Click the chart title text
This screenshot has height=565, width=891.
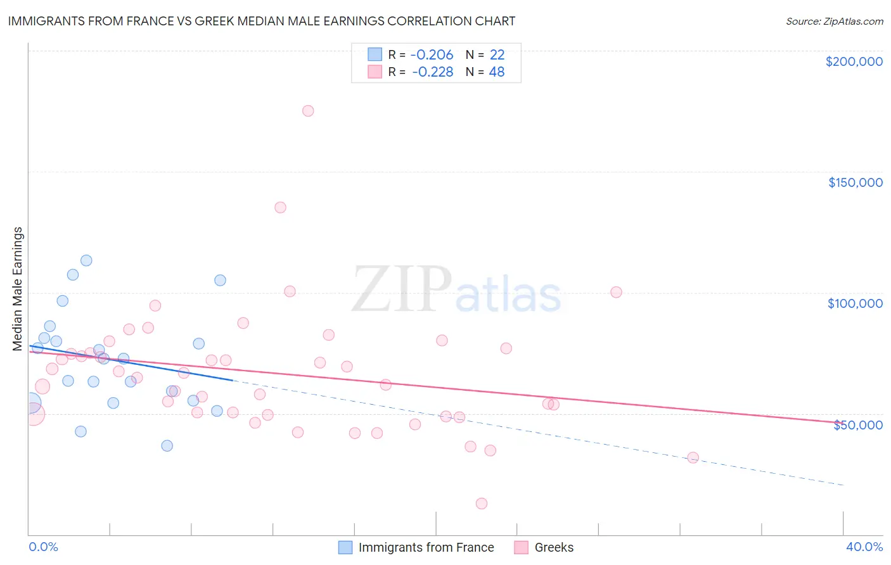tap(262, 21)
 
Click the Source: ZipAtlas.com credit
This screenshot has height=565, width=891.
tap(834, 22)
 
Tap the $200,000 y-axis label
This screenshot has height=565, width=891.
tap(854, 61)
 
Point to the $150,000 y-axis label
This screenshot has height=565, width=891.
tap(855, 182)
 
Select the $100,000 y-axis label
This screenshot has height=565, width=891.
tap(855, 303)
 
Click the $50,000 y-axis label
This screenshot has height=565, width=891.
tap(857, 425)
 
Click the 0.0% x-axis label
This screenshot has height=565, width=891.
tap(44, 547)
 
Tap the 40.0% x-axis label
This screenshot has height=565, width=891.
tap(864, 547)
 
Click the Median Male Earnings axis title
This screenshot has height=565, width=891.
tap(18, 288)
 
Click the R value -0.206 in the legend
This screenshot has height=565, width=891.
tap(432, 55)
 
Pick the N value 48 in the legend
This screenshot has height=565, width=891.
tap(497, 72)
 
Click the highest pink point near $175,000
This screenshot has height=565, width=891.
tap(308, 111)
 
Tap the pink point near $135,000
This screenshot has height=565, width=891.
tap(280, 207)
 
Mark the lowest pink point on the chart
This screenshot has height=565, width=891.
tap(482, 504)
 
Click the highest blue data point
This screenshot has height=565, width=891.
tap(86, 260)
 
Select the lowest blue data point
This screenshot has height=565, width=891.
tap(167, 445)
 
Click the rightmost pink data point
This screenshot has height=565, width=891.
tap(693, 457)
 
